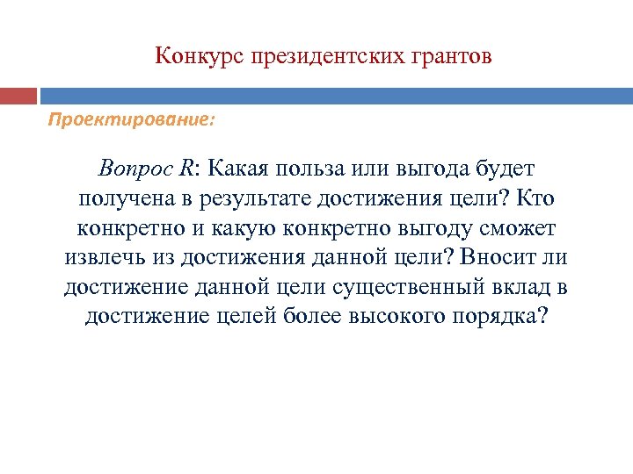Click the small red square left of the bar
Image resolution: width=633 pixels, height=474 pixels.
point(18,95)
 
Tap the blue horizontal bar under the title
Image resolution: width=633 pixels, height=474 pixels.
point(335,95)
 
